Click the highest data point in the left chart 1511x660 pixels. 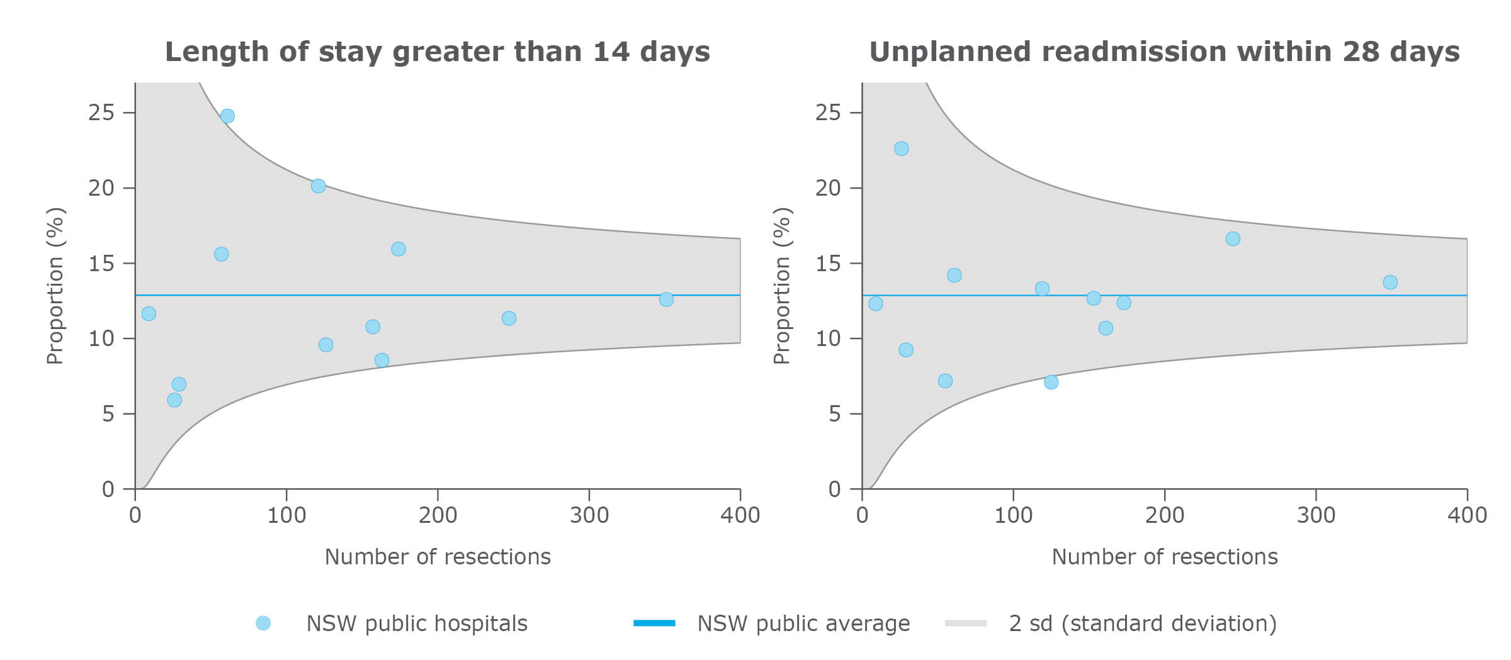point(227,116)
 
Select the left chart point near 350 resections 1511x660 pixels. point(666,299)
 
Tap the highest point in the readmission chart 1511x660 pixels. point(901,148)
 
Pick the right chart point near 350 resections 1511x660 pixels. point(1390,282)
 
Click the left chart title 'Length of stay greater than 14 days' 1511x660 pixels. point(437,52)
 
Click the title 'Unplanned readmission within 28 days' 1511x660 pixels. point(1164,52)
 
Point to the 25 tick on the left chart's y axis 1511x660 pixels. point(101,113)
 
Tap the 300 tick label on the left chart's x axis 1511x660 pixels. point(589,515)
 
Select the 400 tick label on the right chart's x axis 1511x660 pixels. point(1466,515)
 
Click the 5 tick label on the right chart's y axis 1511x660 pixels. point(834,414)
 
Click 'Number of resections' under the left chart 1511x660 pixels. point(438,557)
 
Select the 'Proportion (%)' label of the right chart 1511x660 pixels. point(781,286)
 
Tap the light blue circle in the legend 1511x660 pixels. point(263,623)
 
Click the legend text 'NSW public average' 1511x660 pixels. point(803,624)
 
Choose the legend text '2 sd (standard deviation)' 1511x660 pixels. point(1142,624)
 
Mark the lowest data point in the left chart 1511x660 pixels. point(174,400)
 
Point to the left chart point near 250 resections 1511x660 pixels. point(509,318)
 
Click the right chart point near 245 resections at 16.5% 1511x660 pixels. point(1233,239)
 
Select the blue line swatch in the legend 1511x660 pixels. point(654,623)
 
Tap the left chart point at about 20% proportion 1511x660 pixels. point(318,186)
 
